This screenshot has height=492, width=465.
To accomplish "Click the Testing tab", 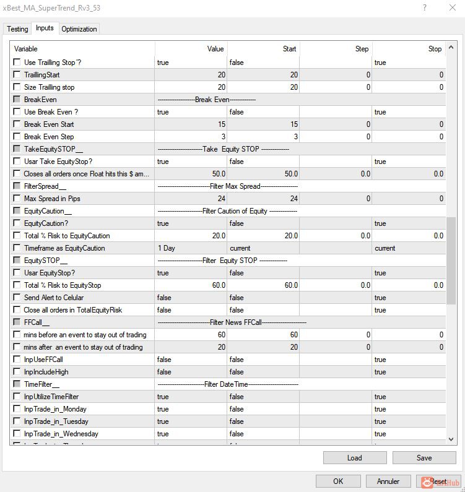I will tap(17, 29).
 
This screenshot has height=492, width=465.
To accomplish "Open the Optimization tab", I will tap(79, 29).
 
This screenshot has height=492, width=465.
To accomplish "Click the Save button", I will tap(424, 458).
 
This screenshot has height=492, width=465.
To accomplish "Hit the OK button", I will tap(338, 481).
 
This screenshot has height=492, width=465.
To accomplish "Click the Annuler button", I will tap(388, 481).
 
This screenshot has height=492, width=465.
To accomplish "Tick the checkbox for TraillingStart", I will tap(17, 75).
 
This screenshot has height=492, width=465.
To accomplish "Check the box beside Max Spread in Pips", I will tap(17, 199).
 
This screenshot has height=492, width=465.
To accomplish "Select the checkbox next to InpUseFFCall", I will tap(17, 360).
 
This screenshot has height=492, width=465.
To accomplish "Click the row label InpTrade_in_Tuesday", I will tap(55, 421).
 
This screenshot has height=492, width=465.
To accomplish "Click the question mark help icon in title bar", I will tap(425, 8).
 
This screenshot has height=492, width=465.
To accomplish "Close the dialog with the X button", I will tap(451, 8).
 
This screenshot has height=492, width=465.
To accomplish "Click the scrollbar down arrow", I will tap(451, 439).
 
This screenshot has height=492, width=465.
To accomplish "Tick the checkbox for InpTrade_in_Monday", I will tap(17, 409).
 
